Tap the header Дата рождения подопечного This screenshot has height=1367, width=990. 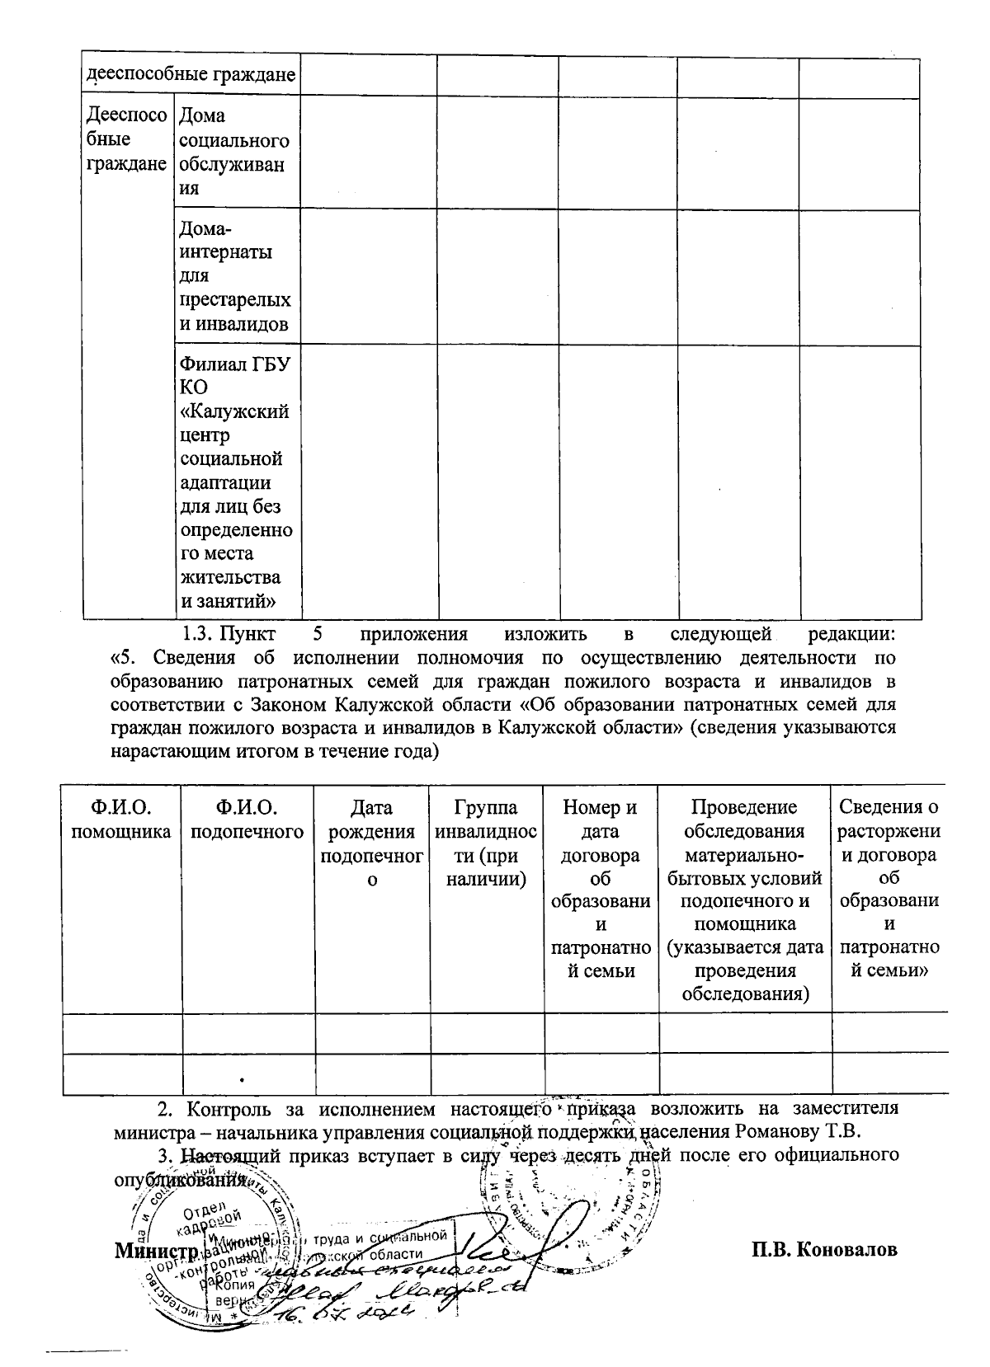pos(371,843)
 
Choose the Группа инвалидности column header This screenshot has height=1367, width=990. pos(486,843)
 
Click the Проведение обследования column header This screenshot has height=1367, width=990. pos(745,900)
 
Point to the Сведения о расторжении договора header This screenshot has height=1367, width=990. pos(889,889)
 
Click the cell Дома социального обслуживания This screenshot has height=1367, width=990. pos(234,152)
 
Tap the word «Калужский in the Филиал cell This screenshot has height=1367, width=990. pos(234,411)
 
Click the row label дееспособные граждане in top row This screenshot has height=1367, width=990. pos(191,76)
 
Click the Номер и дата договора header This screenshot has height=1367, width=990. pos(601,889)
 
